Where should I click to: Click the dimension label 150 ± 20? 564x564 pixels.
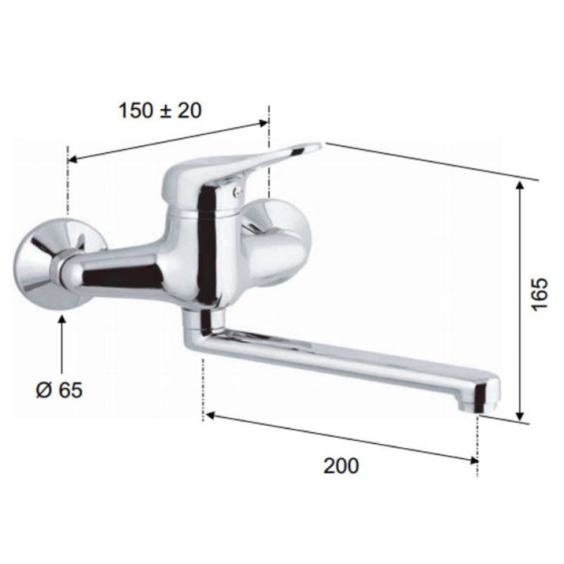160,110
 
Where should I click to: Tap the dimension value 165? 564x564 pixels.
540,293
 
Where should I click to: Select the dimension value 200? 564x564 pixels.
341,466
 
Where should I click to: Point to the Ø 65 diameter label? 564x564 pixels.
59,390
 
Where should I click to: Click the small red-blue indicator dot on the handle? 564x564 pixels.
236,192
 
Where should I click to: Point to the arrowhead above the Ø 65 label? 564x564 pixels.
62,319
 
